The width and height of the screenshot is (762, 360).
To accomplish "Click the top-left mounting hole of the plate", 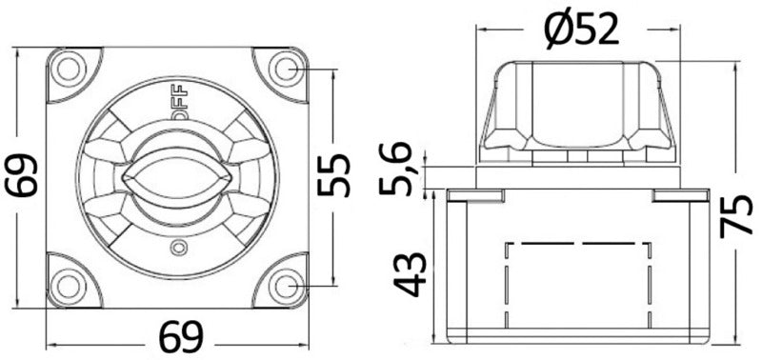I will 68,68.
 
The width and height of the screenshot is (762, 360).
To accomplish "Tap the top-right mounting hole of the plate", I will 284,68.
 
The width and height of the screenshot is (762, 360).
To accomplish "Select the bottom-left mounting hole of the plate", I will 68,284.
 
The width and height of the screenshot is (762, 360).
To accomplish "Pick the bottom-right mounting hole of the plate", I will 284,284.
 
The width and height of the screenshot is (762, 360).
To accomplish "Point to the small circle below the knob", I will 175,249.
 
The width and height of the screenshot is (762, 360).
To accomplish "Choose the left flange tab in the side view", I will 474,195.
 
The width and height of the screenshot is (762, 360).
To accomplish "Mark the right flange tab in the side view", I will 680,195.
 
